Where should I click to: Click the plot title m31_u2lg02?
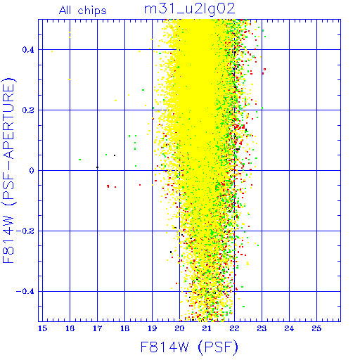189,9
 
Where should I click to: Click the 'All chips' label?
83,11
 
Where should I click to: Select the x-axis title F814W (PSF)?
189,347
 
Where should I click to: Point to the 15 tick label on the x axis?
42,328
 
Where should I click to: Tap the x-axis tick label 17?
97,328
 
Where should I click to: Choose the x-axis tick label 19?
152,328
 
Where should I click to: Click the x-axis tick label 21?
207,328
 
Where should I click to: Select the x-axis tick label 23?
262,328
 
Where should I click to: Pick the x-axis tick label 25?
316,328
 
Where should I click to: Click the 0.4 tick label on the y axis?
28,50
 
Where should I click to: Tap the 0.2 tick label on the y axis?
28,110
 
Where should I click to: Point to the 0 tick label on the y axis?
32,171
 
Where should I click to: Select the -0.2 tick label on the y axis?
25,231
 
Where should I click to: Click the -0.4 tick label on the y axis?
25,292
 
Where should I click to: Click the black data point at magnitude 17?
98,167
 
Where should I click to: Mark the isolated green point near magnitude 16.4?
80,160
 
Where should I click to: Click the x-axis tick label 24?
289,328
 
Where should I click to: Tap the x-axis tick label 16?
70,328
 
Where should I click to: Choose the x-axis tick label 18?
124,328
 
